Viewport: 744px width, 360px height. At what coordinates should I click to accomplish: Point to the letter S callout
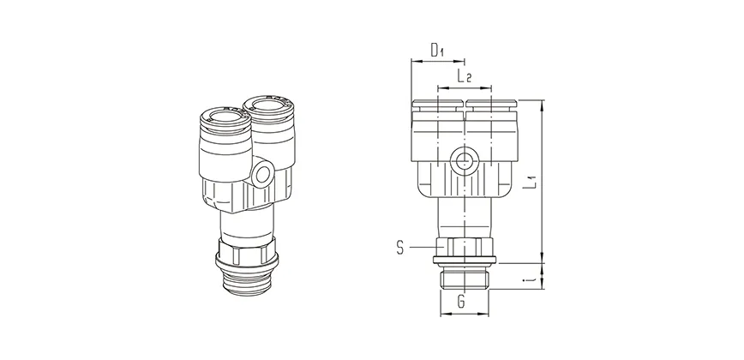click(x=400, y=249)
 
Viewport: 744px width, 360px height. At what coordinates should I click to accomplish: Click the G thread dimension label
click(x=461, y=302)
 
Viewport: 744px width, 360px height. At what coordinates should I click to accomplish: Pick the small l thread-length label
click(x=531, y=276)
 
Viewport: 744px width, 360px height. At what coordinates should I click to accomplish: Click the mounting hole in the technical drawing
click(x=464, y=160)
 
